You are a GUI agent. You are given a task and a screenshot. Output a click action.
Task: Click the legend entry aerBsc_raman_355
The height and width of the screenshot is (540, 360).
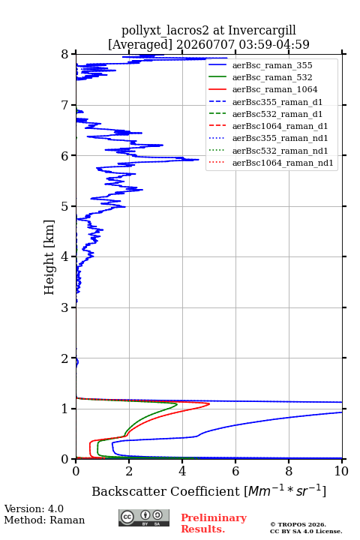tap(272, 65)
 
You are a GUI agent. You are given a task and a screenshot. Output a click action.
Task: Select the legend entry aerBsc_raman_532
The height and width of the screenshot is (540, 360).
tap(272, 77)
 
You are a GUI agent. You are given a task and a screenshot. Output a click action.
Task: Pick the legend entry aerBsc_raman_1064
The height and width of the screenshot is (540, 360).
tap(275, 89)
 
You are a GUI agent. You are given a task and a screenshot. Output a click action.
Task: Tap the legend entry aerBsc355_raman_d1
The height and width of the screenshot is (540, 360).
tap(277, 102)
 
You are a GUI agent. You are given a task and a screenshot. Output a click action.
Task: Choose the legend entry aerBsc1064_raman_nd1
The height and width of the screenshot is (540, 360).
tap(283, 163)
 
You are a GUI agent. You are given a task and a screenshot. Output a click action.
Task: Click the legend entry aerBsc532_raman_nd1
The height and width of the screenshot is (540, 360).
tap(280, 151)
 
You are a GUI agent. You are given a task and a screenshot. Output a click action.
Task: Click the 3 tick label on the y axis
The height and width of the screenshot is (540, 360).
tap(64, 307)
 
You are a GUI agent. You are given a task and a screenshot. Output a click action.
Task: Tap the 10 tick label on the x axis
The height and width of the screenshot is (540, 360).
tap(341, 471)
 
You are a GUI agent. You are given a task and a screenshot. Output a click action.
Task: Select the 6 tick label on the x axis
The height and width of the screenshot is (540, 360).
tap(235, 471)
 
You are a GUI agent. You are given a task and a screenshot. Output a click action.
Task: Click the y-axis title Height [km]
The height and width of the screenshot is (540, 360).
tap(49, 257)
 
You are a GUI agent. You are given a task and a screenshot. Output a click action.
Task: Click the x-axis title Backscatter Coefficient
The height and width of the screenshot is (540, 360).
tap(166, 491)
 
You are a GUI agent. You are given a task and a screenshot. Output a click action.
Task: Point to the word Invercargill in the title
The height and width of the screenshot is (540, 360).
tap(262, 31)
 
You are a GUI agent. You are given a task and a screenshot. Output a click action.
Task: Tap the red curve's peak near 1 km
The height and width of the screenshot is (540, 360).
tap(209, 403)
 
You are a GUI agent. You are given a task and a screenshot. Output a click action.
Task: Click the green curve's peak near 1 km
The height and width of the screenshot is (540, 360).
tap(177, 405)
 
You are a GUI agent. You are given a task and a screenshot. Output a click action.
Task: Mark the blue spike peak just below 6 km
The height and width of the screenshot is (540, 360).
tap(199, 160)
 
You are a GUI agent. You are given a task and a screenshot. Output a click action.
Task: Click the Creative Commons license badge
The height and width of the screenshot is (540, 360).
tap(144, 518)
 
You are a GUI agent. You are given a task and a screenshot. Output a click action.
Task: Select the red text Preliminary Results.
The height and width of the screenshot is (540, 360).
tap(214, 523)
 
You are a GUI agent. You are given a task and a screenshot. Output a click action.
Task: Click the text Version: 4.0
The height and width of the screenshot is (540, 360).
tap(34, 509)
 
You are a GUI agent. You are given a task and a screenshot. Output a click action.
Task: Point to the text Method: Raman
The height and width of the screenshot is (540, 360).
tap(44, 520)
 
